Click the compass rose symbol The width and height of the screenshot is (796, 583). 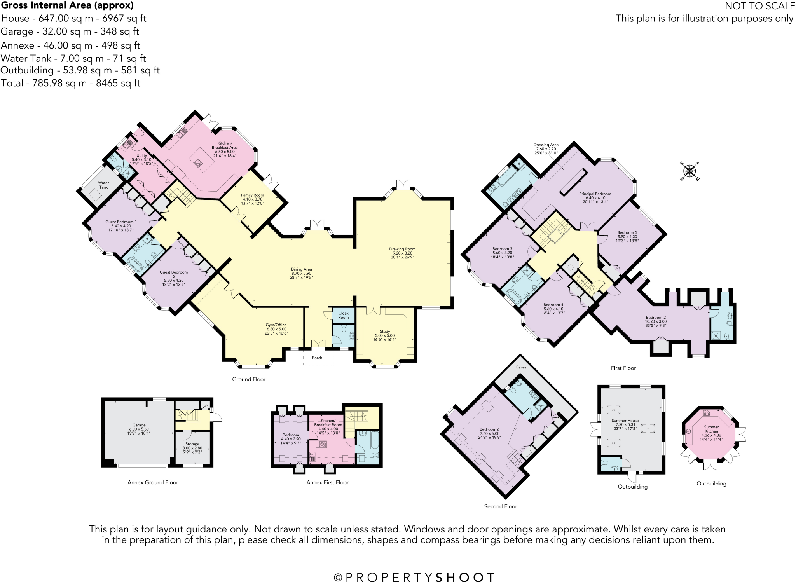(x=690, y=171)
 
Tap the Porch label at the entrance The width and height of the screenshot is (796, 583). (x=317, y=358)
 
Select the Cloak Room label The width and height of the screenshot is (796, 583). (x=343, y=315)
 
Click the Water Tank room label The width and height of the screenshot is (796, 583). (x=103, y=185)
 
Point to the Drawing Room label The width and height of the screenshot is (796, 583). (x=402, y=253)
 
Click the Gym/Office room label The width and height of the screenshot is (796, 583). (x=276, y=329)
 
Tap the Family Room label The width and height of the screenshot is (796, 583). (x=252, y=199)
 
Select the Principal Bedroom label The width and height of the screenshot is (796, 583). (x=595, y=197)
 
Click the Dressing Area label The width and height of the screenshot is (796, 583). (x=546, y=148)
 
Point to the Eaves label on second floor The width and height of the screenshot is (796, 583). (x=521, y=367)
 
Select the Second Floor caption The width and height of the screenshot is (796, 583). (x=500, y=506)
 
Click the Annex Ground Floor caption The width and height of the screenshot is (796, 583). (x=153, y=482)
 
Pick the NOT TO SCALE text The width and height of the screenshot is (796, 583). (x=759, y=6)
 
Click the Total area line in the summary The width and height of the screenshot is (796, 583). (x=70, y=83)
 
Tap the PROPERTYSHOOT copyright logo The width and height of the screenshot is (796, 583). (x=414, y=577)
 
